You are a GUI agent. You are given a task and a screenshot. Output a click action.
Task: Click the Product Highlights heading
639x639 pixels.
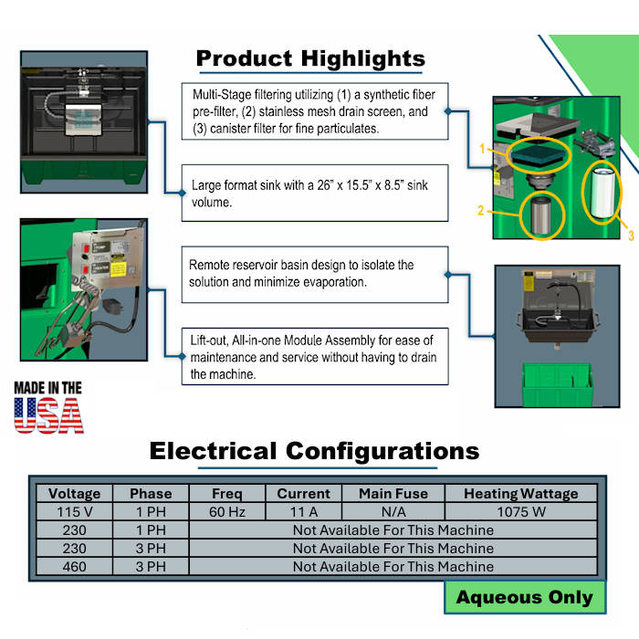click(x=310, y=58)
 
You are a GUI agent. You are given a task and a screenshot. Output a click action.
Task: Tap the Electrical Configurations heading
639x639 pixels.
click(x=314, y=451)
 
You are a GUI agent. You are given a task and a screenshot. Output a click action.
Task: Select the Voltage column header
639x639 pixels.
click(x=74, y=494)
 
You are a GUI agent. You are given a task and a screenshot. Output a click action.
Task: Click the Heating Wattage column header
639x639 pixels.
click(x=521, y=494)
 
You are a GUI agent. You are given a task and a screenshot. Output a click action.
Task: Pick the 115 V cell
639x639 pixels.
click(x=74, y=512)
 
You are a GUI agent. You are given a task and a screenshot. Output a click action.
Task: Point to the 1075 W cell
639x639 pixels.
click(x=521, y=512)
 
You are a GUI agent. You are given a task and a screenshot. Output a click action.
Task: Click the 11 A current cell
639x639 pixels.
click(x=304, y=512)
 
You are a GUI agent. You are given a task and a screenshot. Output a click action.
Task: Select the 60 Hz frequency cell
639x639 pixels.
click(x=227, y=512)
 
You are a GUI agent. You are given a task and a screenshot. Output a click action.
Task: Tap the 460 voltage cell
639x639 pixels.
click(x=74, y=567)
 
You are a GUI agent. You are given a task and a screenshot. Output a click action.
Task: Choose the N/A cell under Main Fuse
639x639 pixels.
click(x=393, y=512)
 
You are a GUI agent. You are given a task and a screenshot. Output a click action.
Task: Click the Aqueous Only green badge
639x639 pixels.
click(x=525, y=597)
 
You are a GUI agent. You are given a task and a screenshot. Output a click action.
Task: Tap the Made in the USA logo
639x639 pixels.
click(x=48, y=407)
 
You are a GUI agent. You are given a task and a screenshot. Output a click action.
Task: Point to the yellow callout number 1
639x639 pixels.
click(x=483, y=149)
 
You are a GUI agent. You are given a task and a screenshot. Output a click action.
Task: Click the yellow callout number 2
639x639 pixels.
click(x=481, y=210)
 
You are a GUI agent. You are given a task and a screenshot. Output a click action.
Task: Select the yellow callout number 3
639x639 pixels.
click(x=631, y=236)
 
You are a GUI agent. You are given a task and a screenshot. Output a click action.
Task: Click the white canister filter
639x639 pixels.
click(x=602, y=193)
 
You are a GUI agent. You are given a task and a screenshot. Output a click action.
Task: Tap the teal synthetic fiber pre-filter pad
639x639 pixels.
click(x=538, y=154)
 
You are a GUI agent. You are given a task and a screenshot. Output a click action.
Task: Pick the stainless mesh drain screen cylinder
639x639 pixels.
click(x=541, y=215)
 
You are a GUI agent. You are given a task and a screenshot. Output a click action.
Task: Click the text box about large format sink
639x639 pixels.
click(x=315, y=194)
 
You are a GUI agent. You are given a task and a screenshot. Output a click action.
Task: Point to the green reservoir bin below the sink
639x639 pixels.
click(x=557, y=384)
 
